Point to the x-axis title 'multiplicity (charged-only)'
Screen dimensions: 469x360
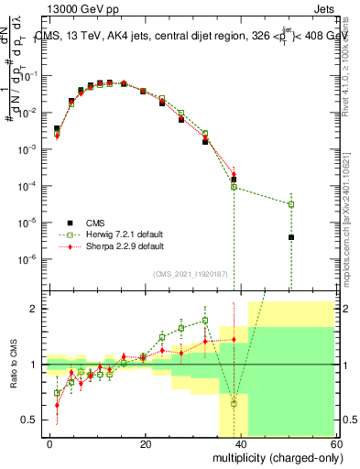(x=271, y=458)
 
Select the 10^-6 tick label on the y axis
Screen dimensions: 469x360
(x=27, y=259)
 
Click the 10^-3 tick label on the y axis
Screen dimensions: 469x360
(x=27, y=149)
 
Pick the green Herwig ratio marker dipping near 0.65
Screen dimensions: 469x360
(x=234, y=403)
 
